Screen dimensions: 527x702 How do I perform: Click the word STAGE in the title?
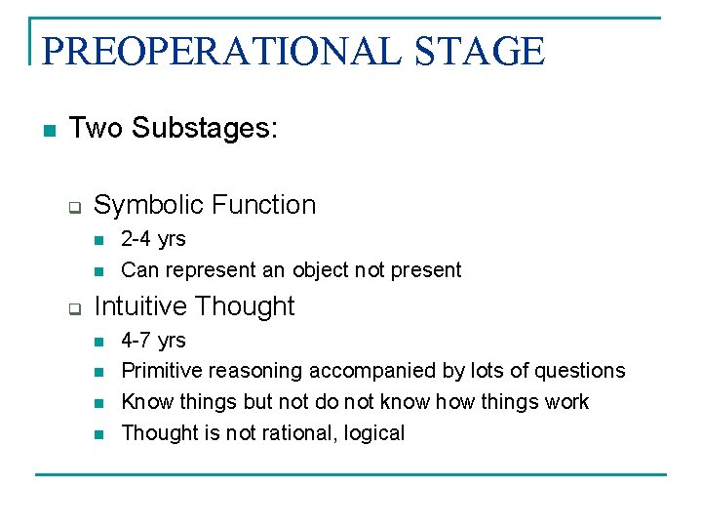coord(480,51)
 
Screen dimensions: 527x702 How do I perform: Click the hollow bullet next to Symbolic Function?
coord(73,207)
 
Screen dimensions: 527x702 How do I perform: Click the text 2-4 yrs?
coord(153,239)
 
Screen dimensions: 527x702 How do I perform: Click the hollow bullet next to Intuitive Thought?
coord(73,308)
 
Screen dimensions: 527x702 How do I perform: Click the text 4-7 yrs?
coord(153,341)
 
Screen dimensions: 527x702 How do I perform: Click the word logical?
coord(372,433)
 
